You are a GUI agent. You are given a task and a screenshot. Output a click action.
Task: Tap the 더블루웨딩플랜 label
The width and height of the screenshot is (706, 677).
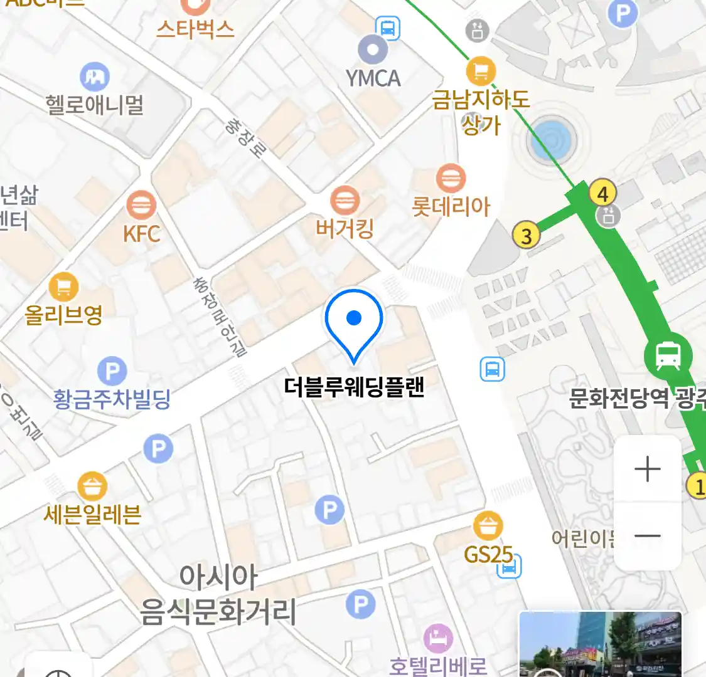click(354, 387)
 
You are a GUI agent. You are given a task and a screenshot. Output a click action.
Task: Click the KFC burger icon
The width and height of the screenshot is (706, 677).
click(141, 205)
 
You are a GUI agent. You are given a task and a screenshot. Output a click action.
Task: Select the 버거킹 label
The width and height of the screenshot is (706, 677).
click(345, 229)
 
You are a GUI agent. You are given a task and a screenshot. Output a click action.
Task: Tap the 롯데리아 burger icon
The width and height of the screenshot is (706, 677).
click(450, 179)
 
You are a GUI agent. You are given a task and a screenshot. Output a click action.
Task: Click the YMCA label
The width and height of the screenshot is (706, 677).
click(373, 78)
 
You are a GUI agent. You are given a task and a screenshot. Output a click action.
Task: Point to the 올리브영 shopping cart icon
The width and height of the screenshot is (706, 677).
click(63, 287)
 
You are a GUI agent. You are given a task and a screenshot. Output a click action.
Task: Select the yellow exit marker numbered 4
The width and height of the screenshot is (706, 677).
click(602, 193)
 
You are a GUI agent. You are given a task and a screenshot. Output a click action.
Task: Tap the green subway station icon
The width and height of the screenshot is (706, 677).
click(668, 355)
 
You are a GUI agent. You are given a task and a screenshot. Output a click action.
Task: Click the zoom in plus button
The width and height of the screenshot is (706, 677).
click(647, 469)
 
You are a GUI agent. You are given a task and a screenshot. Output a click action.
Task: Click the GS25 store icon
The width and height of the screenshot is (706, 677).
click(488, 525)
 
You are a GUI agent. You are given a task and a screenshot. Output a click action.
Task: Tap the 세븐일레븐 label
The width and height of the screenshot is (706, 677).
click(92, 515)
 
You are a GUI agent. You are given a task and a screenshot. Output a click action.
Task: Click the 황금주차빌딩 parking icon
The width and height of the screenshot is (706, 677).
click(112, 371)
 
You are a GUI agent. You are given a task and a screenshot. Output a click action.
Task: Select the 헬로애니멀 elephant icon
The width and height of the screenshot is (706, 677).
click(95, 77)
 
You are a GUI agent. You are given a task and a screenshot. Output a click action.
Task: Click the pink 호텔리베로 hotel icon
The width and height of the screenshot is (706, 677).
click(438, 639)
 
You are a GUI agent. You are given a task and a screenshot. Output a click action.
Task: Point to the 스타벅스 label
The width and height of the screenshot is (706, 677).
click(195, 29)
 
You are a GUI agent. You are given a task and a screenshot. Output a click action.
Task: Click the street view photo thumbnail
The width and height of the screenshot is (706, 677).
click(600, 644)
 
